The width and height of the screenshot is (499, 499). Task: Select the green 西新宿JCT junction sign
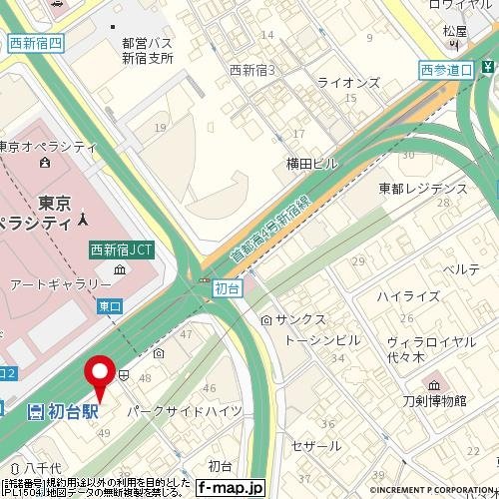pos(123,250)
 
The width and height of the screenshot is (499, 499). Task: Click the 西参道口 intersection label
pos(445,69)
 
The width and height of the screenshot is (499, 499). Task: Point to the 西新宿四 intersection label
pos(35,42)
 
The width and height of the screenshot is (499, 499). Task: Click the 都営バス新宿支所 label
pos(148,51)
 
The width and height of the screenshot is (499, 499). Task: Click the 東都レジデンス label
pos(423,189)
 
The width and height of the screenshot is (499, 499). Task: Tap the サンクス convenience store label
pos(300,320)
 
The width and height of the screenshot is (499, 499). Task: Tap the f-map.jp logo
pos(229,488)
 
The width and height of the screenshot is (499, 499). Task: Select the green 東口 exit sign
pos(109,307)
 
